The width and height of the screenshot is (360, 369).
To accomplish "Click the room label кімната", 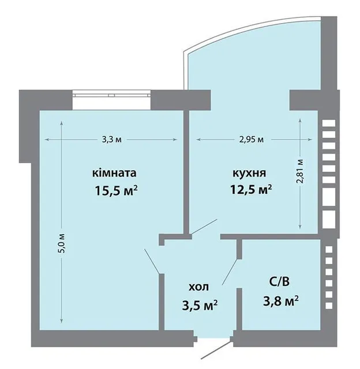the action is pyautogui.click(x=114, y=173).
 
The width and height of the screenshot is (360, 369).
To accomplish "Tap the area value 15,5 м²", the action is pyautogui.click(x=116, y=191).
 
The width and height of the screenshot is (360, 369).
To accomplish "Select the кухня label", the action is pyautogui.click(x=250, y=174).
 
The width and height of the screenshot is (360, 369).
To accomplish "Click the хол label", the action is pyautogui.click(x=198, y=287).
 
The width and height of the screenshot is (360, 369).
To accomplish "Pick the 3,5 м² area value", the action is pyautogui.click(x=200, y=305).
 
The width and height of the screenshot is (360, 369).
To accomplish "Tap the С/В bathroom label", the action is pyautogui.click(x=279, y=281).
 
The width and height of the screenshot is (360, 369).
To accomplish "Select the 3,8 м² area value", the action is pyautogui.click(x=281, y=301).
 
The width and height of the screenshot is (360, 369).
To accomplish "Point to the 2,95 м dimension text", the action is pyautogui.click(x=252, y=140).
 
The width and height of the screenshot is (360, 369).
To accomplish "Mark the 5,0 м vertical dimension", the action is pyautogui.click(x=63, y=243).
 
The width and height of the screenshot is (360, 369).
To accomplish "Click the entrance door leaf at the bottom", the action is pyautogui.click(x=216, y=351).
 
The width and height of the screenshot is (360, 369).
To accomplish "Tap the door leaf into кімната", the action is pyautogui.click(x=152, y=261).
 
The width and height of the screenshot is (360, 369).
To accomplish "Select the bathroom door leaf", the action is pyautogui.click(x=230, y=272).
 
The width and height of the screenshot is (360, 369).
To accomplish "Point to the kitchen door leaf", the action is pyautogui.click(x=204, y=227).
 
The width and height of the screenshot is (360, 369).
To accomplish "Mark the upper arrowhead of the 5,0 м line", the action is pyautogui.click(x=62, y=123).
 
